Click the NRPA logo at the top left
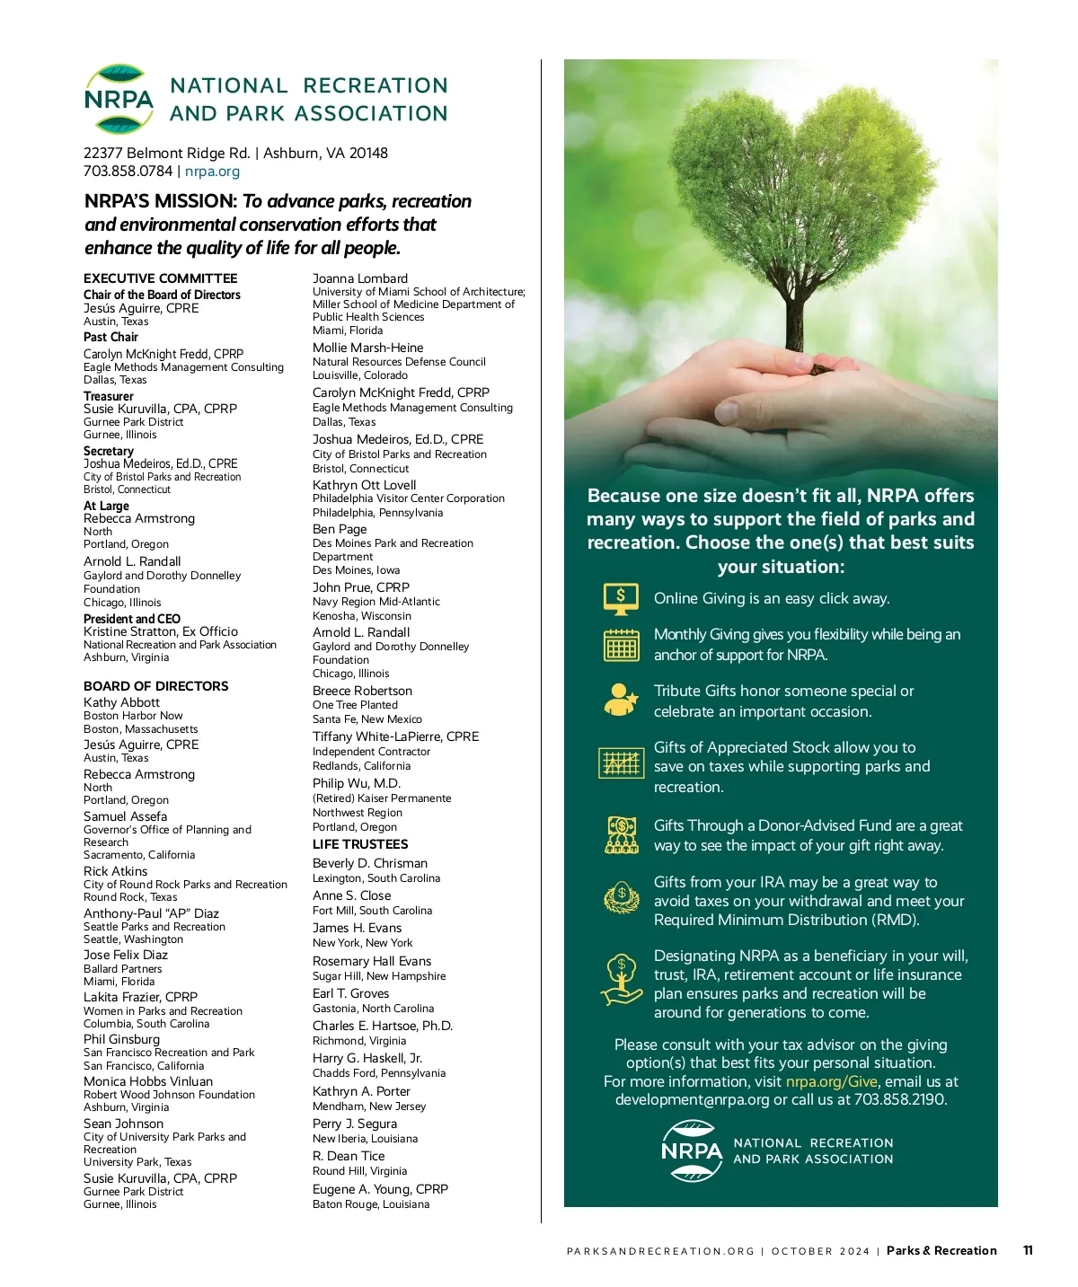tap(119, 99)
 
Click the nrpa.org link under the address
tap(212, 172)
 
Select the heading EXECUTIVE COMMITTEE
tap(161, 278)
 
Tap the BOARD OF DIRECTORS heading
tap(156, 686)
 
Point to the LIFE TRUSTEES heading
tap(360, 844)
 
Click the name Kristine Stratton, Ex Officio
tap(161, 631)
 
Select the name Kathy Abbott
tap(121, 702)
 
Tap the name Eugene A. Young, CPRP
tap(380, 1189)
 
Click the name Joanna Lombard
tap(360, 278)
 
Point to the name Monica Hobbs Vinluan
tap(148, 1081)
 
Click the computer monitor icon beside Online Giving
tap(621, 598)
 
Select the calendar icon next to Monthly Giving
tap(621, 644)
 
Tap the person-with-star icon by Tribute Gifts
tap(621, 700)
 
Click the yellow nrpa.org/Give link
tap(831, 1081)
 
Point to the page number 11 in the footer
tap(1028, 1250)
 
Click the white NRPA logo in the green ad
tap(692, 1150)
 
